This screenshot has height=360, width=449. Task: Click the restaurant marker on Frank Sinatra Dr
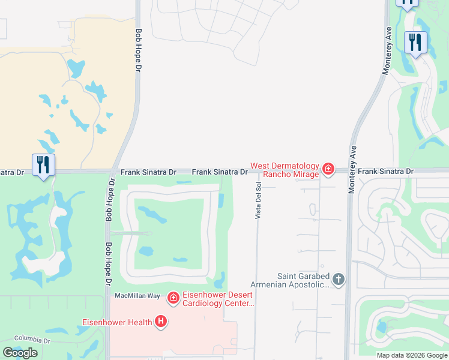point(43,164)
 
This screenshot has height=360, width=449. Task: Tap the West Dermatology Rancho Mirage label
point(285,170)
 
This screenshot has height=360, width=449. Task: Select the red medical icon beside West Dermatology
point(328,169)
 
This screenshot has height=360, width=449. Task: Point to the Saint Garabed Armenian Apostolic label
point(303,281)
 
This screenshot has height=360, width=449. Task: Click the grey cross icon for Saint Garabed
point(339,279)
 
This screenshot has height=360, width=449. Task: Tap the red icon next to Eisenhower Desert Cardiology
point(173,298)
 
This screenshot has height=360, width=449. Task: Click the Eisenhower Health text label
point(117,322)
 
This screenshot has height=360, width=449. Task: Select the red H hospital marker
point(160,322)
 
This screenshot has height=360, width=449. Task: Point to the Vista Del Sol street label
point(258,200)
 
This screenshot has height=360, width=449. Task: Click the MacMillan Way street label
point(137,296)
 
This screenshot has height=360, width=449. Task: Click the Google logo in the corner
point(20,353)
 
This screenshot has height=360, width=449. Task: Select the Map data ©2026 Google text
point(412,355)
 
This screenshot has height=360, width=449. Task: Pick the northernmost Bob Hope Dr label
point(139,51)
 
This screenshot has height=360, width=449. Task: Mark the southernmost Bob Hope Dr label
point(109,265)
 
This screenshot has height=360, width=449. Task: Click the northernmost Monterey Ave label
point(388,52)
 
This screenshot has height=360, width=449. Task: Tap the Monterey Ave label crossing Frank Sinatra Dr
point(353,169)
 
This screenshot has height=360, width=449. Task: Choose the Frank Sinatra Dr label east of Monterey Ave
point(385,172)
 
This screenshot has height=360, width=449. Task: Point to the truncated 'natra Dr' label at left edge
point(12,172)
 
